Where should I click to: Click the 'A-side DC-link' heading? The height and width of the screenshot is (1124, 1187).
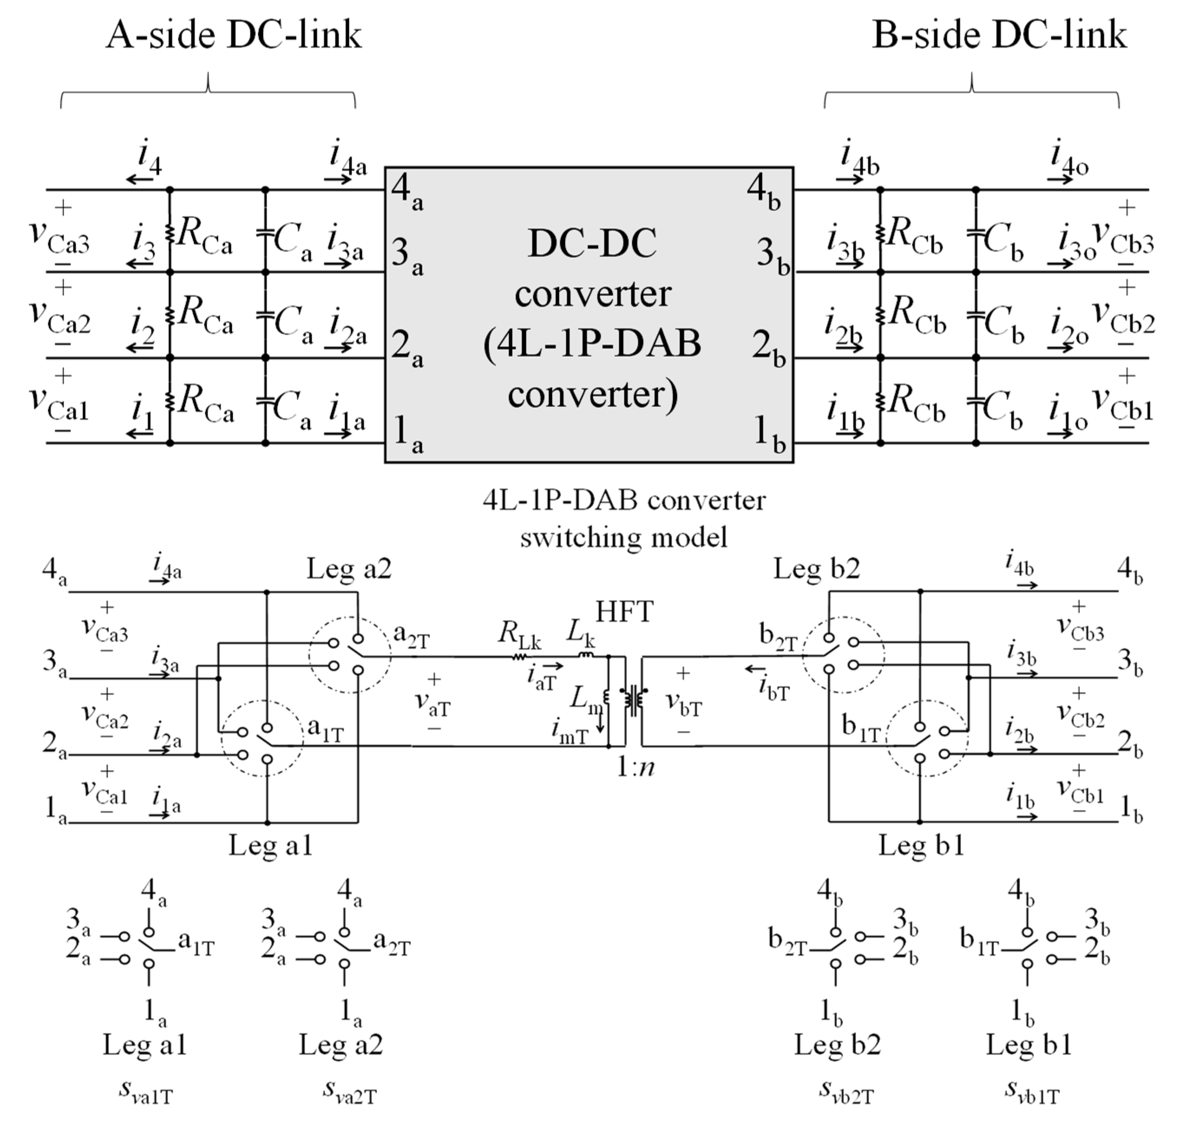pyautogui.click(x=234, y=35)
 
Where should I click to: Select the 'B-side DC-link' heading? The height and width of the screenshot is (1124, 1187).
pyautogui.click(x=999, y=35)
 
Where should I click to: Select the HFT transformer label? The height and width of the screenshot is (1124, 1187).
pyautogui.click(x=624, y=612)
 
